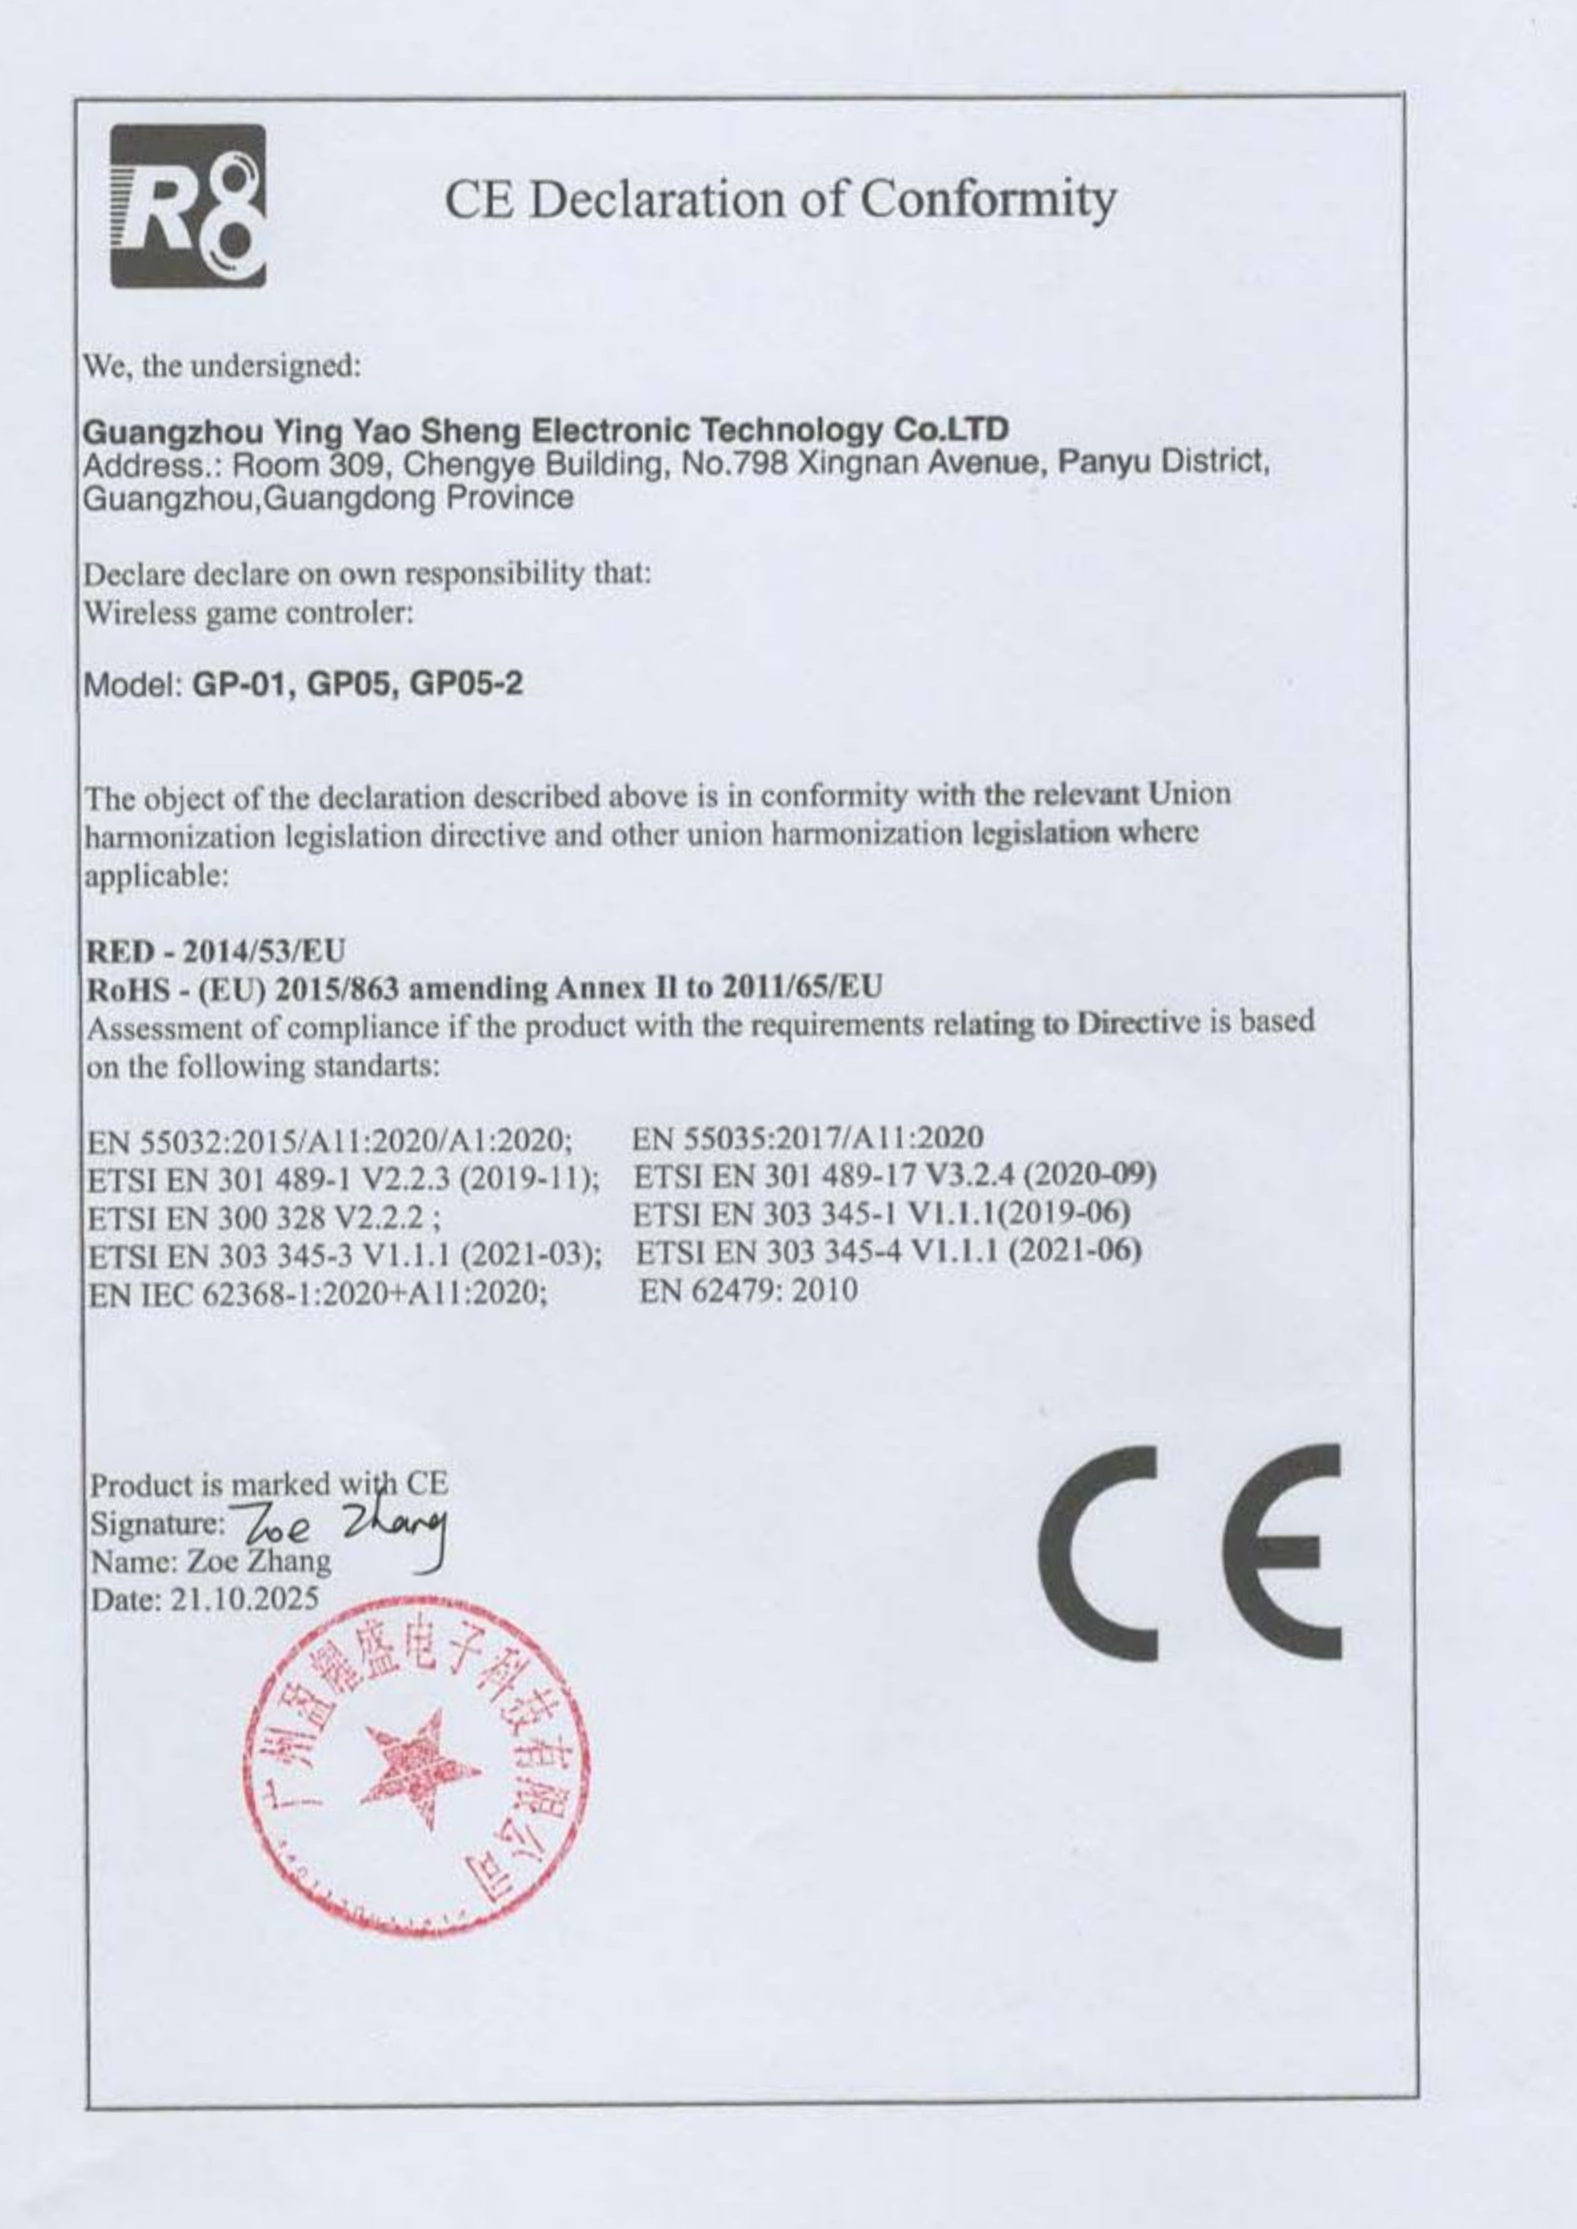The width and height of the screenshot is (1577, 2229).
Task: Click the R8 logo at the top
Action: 188,206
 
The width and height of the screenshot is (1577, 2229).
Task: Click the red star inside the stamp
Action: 420,1769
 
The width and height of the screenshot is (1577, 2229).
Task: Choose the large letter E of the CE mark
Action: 1283,1552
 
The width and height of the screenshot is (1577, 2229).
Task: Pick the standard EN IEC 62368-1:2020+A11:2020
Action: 316,1293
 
